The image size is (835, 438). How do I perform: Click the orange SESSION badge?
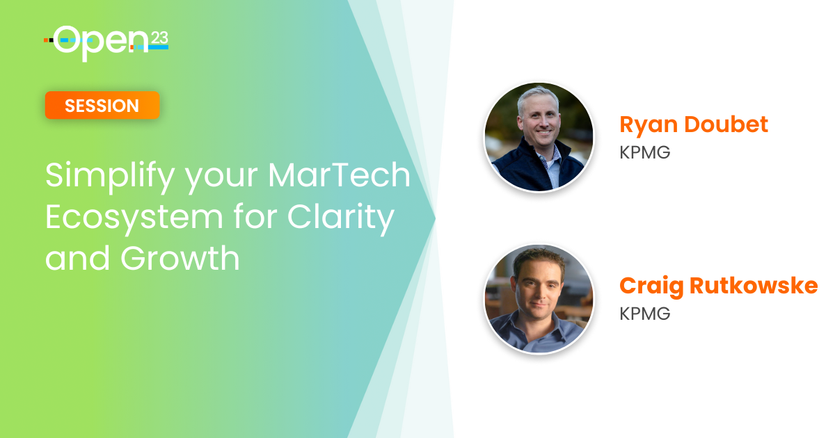coord(102,106)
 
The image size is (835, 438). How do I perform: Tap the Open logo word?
coord(101,43)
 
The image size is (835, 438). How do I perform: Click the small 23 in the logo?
coord(159,38)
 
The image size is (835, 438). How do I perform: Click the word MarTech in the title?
coord(340,175)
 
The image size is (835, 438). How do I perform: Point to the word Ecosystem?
coord(134,218)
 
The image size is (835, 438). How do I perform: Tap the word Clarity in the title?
coord(341,218)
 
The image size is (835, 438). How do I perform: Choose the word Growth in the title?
coord(180,258)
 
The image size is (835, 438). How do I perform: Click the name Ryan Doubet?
coord(694,125)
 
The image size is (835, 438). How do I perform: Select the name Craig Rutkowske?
coord(719,286)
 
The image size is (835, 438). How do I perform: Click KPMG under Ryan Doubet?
coord(645,152)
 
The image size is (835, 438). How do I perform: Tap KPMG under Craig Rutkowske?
coord(645,314)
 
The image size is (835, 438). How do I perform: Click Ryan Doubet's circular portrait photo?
coord(539,137)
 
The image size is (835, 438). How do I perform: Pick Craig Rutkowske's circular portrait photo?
coord(539,299)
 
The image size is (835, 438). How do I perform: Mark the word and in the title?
coord(77,258)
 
